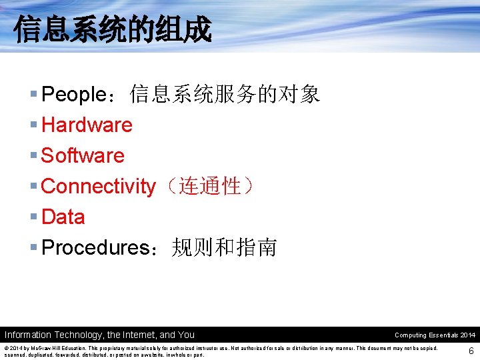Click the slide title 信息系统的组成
112,30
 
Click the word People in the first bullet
70,95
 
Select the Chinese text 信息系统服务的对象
225,95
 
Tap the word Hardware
87,125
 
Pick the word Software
83,156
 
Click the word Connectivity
98,187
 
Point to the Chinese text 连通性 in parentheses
210,187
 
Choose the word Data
63,217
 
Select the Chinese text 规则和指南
223,248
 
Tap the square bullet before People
33,95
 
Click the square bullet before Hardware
33,125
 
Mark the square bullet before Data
33,217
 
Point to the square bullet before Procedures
33,248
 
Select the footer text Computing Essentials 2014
435,335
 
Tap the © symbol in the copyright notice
7,349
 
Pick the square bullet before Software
33,156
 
